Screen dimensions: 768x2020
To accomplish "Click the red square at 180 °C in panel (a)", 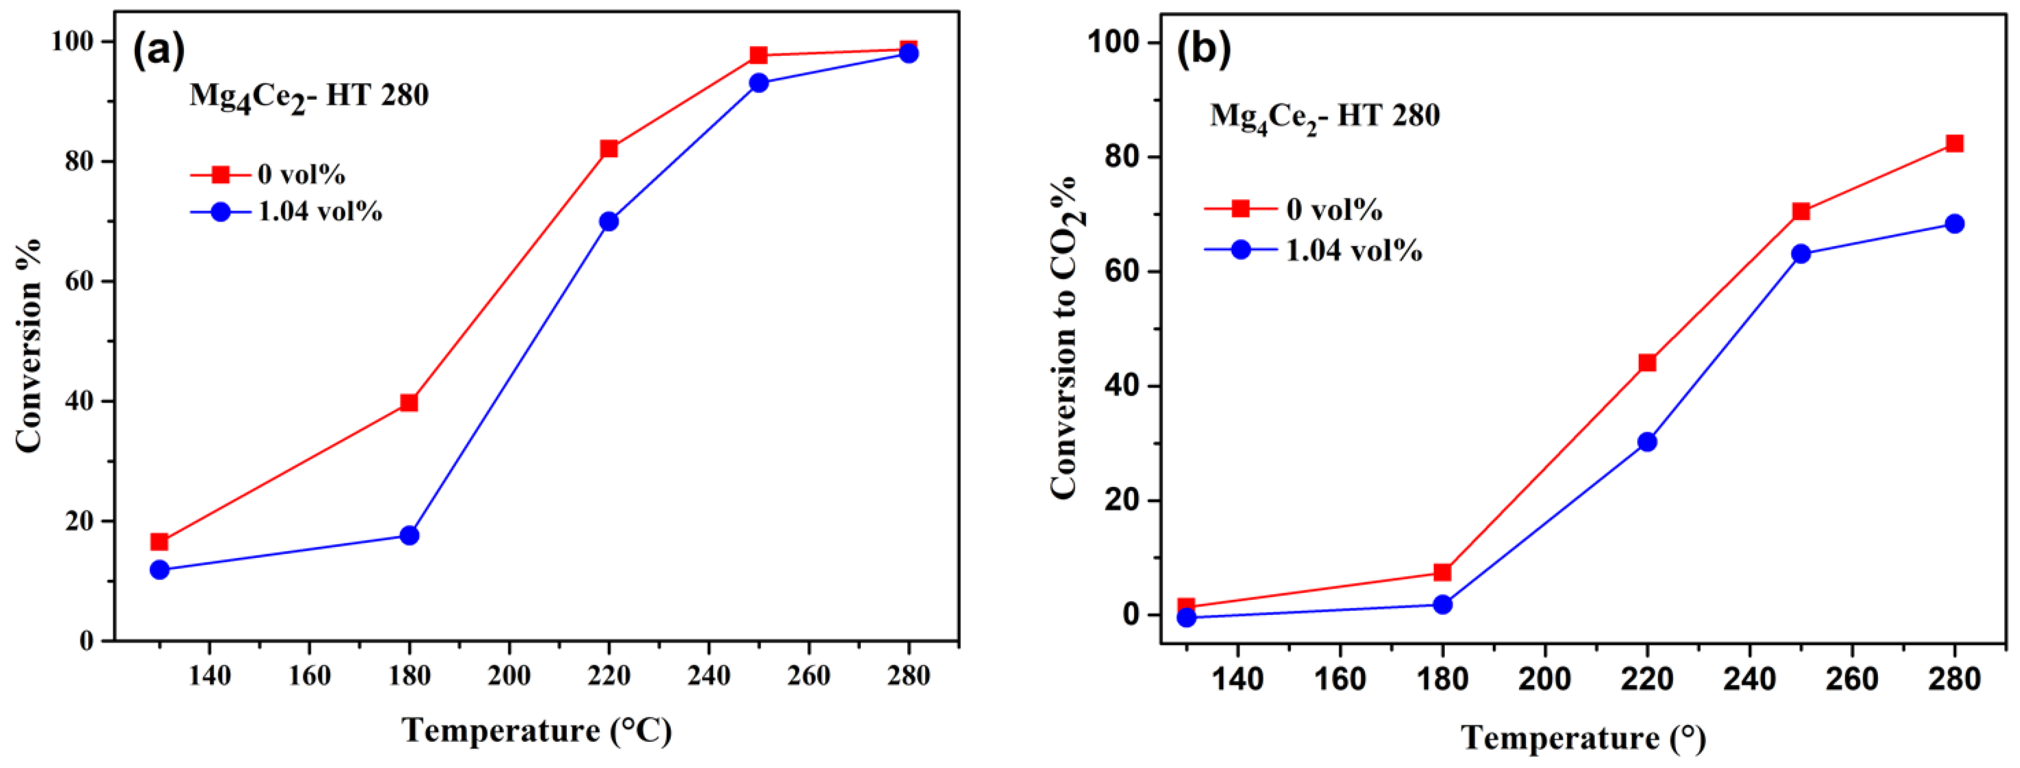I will tap(408, 402).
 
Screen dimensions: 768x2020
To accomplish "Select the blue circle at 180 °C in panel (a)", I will tap(408, 536).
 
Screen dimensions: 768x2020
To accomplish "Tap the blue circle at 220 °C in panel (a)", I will tap(609, 221).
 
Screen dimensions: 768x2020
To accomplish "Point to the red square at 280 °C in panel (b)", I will tap(1954, 144).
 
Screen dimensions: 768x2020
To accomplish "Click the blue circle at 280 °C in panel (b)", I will tap(1954, 224).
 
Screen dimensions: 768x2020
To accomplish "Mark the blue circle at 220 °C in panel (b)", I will tap(1647, 441).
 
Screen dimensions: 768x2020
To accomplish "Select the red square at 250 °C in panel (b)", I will tap(1801, 211).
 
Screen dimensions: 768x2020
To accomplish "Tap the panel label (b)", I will tap(1204, 49).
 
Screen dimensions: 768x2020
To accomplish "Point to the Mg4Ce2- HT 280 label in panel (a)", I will tap(309, 97).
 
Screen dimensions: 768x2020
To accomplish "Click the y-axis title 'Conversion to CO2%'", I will tap(1066, 338).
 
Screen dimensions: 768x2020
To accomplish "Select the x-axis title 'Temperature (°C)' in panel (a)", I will tap(537, 730).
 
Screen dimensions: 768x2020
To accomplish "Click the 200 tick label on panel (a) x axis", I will tap(508, 674).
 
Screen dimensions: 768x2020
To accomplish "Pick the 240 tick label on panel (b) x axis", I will tap(1749, 679).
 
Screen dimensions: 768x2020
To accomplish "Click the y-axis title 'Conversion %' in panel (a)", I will tap(30, 345).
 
